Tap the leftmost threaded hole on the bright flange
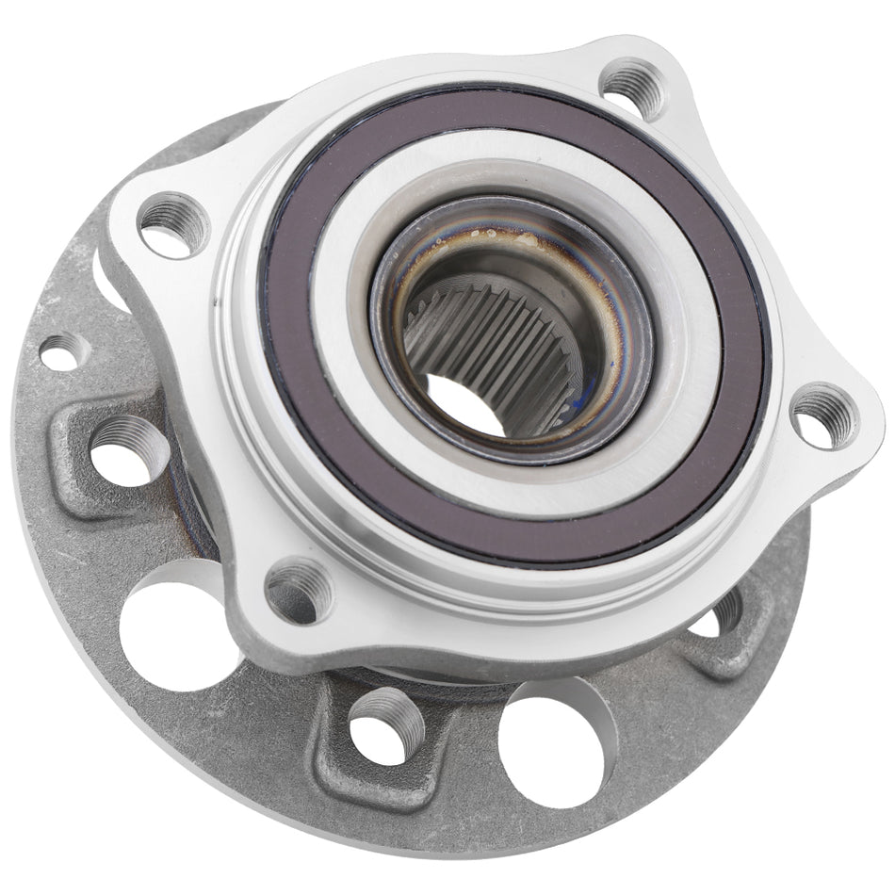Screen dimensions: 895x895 (x=173, y=222)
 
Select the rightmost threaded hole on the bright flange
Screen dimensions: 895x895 (x=822, y=415)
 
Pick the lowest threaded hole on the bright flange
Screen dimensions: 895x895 (x=297, y=591)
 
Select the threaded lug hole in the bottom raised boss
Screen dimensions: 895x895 (x=386, y=726)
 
